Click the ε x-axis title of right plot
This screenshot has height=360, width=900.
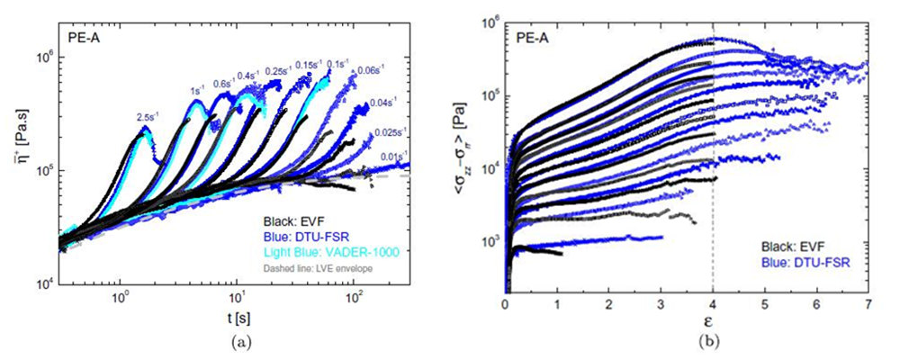[688, 322]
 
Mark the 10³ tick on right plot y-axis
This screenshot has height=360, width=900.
[491, 242]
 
